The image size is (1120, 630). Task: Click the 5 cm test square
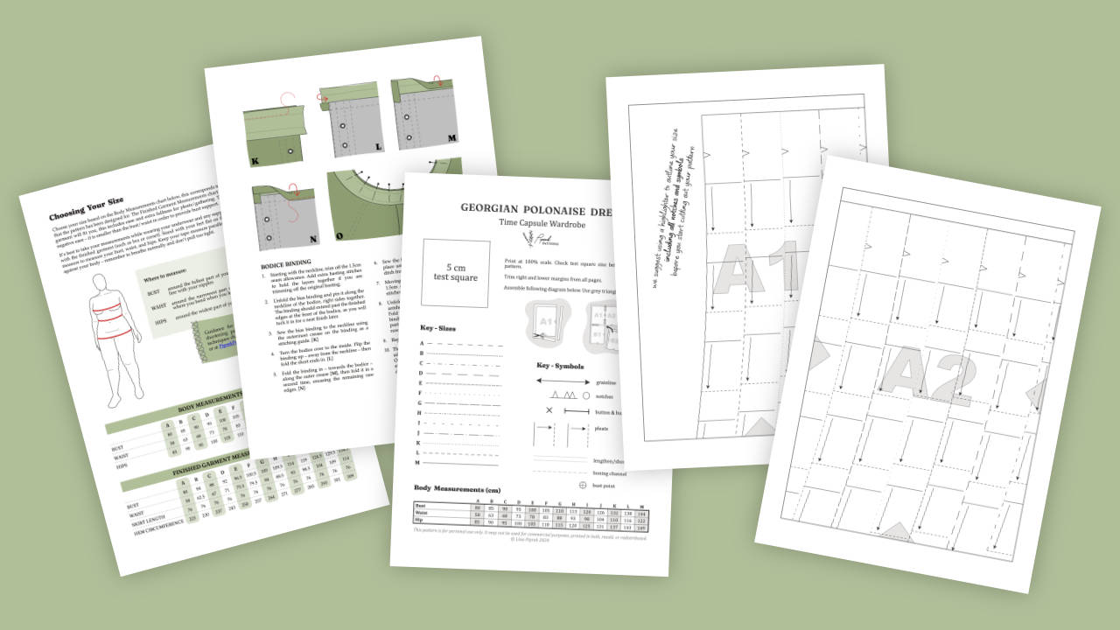click(455, 272)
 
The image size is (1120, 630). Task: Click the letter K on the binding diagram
click(255, 161)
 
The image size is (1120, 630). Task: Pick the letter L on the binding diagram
click(378, 146)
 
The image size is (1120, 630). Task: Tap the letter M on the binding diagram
click(451, 138)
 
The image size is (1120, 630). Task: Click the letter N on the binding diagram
click(313, 237)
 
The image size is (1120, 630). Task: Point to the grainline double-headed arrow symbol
click(562, 381)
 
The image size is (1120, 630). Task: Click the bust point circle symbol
click(583, 485)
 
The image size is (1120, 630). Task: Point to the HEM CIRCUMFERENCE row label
click(158, 522)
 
